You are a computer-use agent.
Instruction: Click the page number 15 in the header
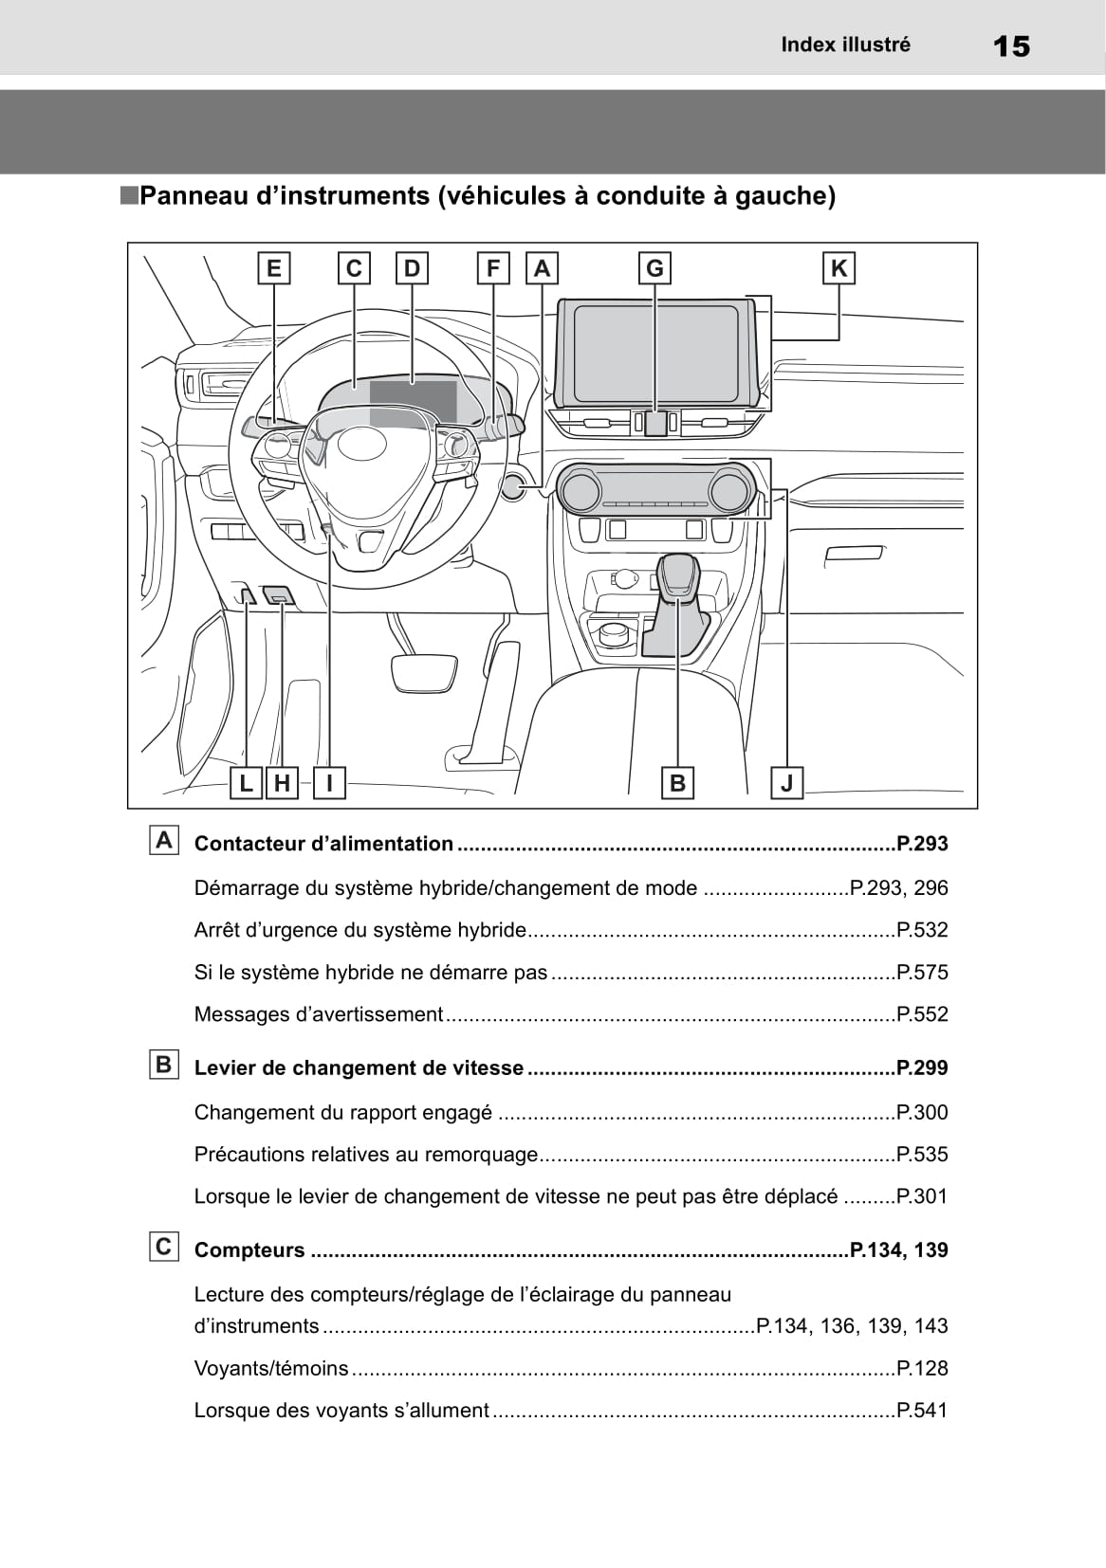point(1012,46)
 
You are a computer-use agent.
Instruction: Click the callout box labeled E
point(274,268)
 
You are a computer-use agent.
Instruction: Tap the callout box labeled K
point(839,268)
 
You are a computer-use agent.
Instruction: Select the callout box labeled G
point(654,268)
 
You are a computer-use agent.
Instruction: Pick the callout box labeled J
point(787,783)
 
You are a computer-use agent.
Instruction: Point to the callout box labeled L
point(246,783)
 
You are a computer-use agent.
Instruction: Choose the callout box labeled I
point(329,783)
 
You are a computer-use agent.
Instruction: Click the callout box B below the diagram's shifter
point(677,783)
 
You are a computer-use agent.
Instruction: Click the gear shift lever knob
point(678,576)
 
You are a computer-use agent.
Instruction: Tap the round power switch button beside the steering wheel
point(513,486)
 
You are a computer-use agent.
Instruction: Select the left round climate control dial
point(580,490)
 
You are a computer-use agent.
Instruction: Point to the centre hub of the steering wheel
point(359,444)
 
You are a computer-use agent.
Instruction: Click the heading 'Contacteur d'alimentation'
point(323,844)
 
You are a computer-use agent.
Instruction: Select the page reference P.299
point(922,1067)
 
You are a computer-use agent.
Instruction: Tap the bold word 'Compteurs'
point(249,1249)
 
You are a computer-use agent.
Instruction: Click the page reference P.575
point(922,972)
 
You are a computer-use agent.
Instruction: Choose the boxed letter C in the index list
point(164,1247)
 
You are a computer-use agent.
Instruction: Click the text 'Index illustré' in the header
point(845,45)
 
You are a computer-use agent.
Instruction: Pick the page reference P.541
point(922,1410)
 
